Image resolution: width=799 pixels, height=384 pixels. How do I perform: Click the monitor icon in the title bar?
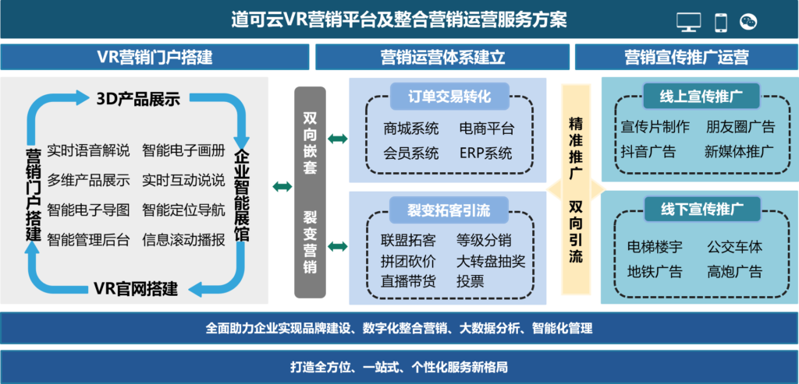[688, 22]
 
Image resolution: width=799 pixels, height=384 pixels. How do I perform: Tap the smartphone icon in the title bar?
[721, 22]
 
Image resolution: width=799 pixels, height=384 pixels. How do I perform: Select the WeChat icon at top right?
[749, 22]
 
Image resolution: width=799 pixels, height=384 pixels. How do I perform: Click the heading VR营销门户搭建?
[154, 58]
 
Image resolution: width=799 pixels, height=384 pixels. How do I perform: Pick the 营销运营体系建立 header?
[442, 58]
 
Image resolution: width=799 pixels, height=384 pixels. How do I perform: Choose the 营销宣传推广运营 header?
[686, 58]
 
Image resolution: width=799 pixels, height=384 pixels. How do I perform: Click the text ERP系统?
[485, 153]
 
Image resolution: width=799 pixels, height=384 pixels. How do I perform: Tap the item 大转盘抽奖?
[491, 261]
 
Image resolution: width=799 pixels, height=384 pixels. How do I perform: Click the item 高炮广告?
[734, 272]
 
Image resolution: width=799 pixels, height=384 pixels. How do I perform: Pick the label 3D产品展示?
[138, 99]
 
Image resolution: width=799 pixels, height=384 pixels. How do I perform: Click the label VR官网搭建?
[136, 289]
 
